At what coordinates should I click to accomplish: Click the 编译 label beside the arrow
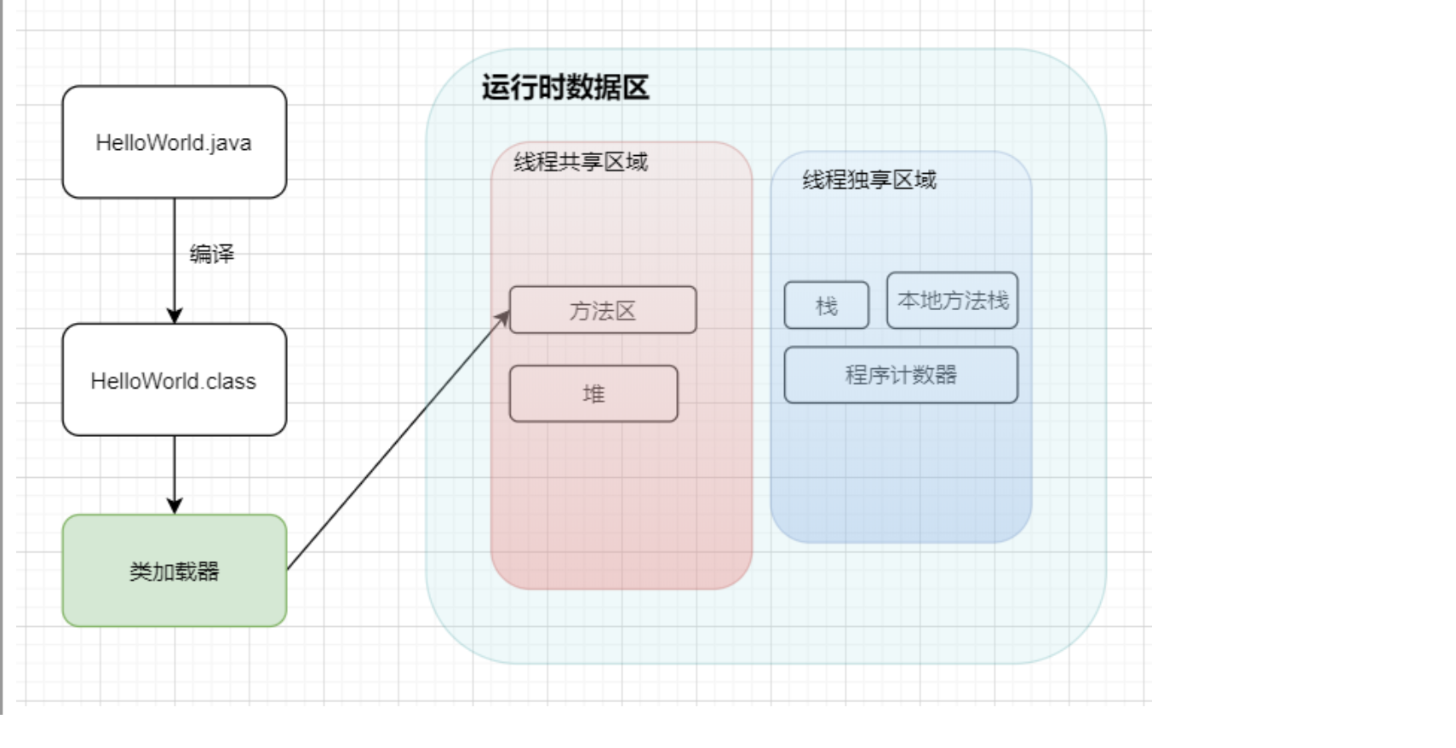[211, 254]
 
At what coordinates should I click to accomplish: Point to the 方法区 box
[603, 310]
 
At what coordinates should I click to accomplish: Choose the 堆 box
[593, 394]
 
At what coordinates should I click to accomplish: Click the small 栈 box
[826, 305]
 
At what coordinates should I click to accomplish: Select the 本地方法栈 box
[952, 300]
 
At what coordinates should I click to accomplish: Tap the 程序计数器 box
[900, 375]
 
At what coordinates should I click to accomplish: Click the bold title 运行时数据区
[565, 88]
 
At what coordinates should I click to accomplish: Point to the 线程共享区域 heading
[581, 162]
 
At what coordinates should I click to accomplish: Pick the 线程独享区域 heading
[868, 180]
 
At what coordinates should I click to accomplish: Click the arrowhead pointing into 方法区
[503, 319]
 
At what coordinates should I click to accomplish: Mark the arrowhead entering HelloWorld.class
[175, 316]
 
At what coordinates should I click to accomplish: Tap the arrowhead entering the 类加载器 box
[175, 506]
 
